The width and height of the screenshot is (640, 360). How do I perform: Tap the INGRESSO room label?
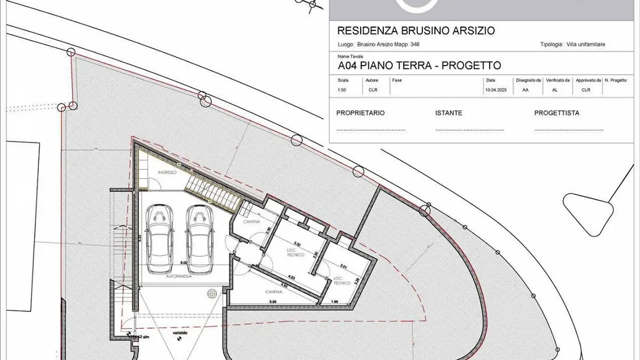pyautogui.click(x=167, y=172)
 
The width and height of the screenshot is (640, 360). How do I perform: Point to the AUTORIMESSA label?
pyautogui.click(x=179, y=276)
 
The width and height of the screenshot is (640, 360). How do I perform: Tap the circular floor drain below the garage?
pyautogui.click(x=212, y=293)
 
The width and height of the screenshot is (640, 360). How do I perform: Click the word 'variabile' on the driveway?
pyautogui.click(x=180, y=333)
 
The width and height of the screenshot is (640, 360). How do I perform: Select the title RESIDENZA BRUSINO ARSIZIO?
pyautogui.click(x=416, y=31)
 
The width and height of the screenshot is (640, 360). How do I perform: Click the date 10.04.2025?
pyautogui.click(x=496, y=90)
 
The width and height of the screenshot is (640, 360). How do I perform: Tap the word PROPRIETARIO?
pyautogui.click(x=360, y=113)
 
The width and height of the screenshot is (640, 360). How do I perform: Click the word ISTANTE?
pyautogui.click(x=448, y=113)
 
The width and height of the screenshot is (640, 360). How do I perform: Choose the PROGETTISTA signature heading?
pyautogui.click(x=556, y=113)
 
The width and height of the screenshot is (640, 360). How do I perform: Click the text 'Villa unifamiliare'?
pyautogui.click(x=586, y=44)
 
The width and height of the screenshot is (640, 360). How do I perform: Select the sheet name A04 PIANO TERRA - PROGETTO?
pyautogui.click(x=419, y=66)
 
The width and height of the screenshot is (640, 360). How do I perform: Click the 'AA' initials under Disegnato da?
pyautogui.click(x=525, y=90)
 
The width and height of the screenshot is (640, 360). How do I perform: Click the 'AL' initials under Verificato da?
pyautogui.click(x=555, y=90)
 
